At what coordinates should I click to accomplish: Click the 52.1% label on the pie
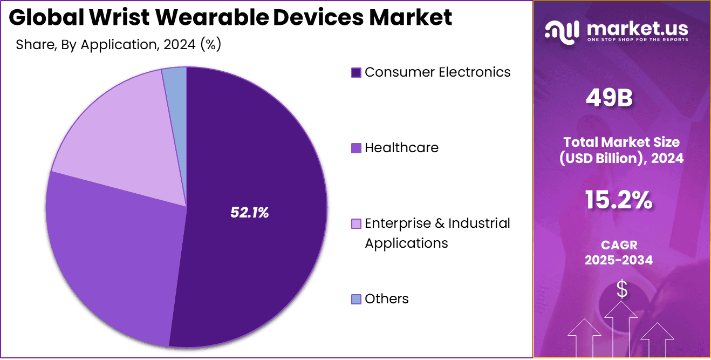249,213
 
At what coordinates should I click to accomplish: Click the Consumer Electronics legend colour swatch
356,72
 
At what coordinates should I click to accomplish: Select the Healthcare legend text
401,147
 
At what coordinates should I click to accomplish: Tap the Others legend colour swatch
356,299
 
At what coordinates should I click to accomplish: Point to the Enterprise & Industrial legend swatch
356,223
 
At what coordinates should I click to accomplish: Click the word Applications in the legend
406,243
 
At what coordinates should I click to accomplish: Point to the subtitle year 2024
177,44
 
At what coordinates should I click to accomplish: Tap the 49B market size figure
609,98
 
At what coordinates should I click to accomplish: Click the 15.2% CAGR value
618,200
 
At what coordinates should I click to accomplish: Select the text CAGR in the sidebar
619,245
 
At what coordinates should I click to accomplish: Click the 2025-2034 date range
619,260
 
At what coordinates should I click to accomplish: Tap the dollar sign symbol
622,289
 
